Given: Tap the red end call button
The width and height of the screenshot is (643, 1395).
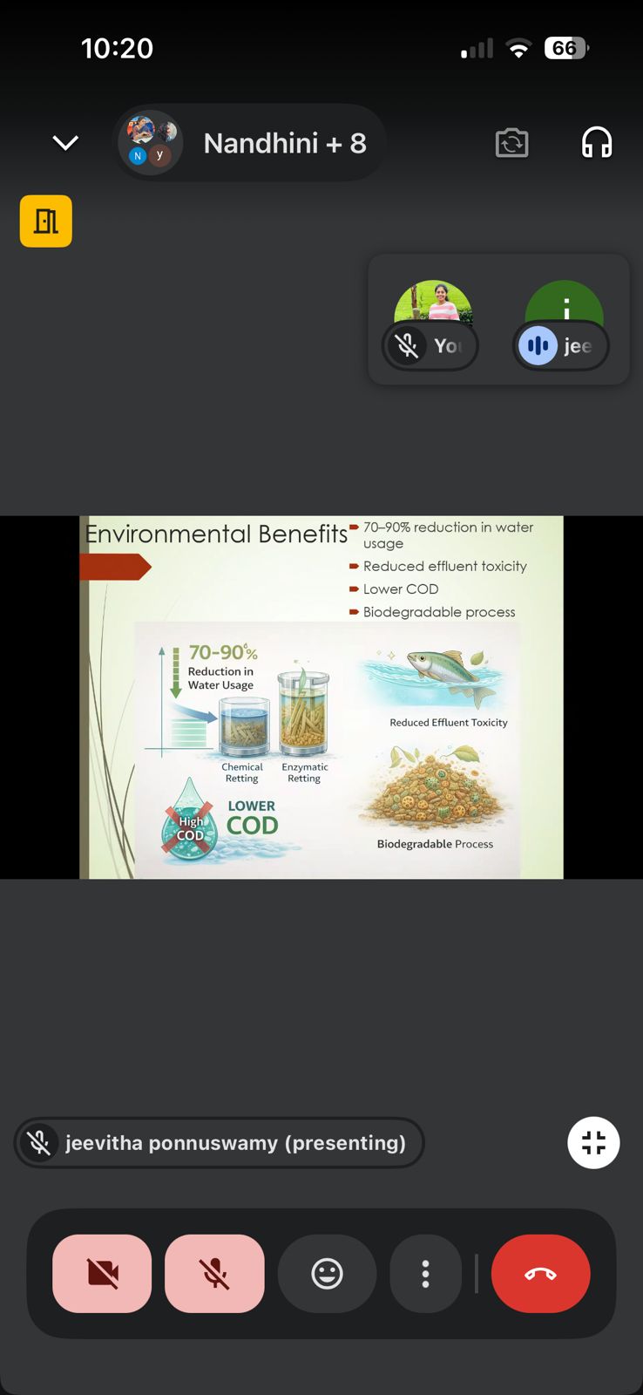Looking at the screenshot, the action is tap(540, 1273).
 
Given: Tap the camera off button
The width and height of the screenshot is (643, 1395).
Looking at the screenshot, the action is tap(102, 1273).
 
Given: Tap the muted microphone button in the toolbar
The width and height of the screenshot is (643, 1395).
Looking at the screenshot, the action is tap(214, 1273).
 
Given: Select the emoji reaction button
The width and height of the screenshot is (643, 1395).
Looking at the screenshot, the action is tap(327, 1273).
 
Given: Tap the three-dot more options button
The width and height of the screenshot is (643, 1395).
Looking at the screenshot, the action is tap(426, 1273).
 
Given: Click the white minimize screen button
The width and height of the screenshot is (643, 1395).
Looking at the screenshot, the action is tap(593, 1142).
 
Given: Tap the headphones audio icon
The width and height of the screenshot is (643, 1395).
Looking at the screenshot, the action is tap(596, 143).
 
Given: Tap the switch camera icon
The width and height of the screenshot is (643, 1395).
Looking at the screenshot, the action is tap(511, 143).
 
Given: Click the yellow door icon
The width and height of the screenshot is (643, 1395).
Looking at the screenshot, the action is tap(46, 221).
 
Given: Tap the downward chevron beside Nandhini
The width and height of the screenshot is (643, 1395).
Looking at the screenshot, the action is tap(65, 143).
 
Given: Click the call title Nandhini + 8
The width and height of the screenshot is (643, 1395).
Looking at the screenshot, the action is tap(284, 143).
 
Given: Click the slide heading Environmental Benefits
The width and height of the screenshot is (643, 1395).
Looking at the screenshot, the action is tap(216, 534).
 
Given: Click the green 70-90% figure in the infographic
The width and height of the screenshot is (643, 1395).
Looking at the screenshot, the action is tap(223, 652).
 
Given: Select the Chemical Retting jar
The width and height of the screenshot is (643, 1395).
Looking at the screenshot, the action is tap(244, 726).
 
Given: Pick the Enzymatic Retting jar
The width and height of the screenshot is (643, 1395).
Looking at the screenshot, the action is tap(303, 712).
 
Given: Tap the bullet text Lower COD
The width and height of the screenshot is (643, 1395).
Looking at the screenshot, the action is tap(401, 589).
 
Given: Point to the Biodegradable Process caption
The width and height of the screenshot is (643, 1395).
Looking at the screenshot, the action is tap(435, 844).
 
